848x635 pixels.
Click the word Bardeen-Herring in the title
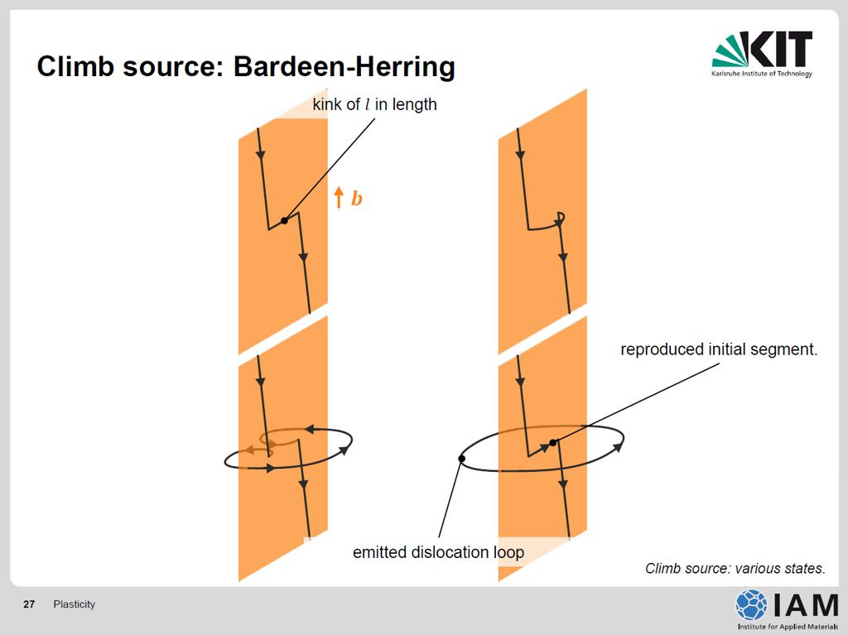coord(344,67)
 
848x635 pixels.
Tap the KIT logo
coord(762,54)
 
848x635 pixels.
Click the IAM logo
coord(787,609)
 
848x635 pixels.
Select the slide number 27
coord(29,604)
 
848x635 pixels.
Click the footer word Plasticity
coord(74,604)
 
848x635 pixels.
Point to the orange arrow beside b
coord(339,197)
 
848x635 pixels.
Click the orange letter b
coord(356,199)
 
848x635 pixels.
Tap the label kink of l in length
coord(374,103)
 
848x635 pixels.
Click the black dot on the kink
coord(285,220)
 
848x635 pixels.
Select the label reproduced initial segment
coord(719,349)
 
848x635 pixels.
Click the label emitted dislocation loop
coord(439,552)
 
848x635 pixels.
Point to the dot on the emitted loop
coord(461,459)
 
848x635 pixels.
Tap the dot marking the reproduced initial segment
coord(552,442)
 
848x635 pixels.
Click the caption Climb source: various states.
coord(735,569)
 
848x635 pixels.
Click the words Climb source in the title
coord(130,67)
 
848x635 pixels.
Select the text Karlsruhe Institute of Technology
coord(762,74)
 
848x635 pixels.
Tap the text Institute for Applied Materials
coord(788,627)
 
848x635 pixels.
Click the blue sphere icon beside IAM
coord(751,604)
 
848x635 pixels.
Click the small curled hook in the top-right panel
coord(561,218)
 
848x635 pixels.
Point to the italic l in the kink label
coord(368,103)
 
